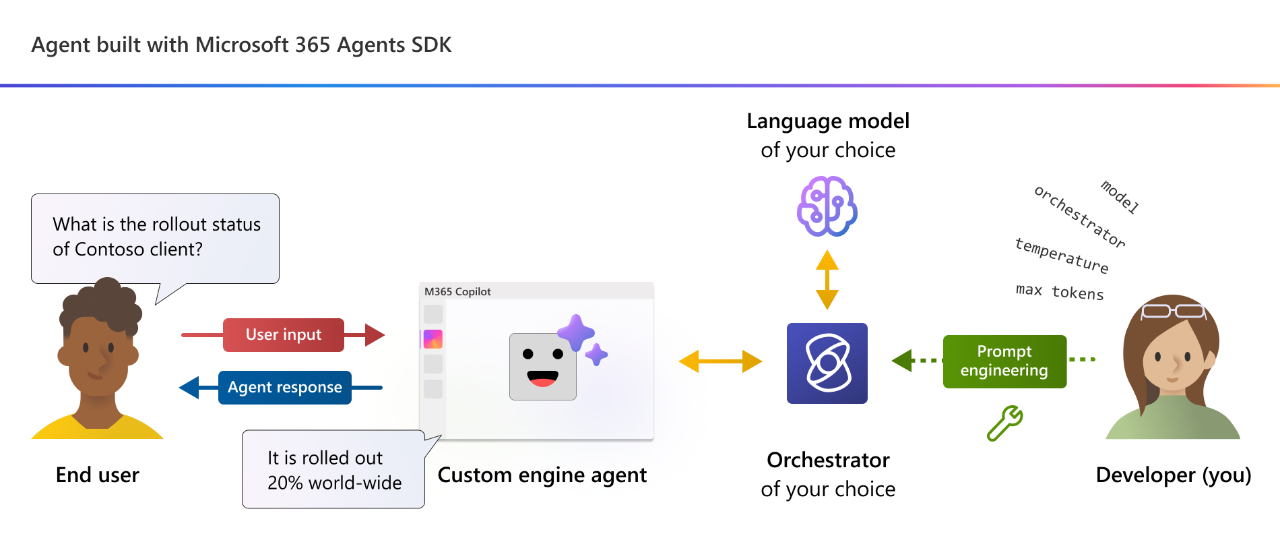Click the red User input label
pyautogui.click(x=284, y=335)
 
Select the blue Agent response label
pyautogui.click(x=285, y=388)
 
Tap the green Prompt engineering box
pyautogui.click(x=1004, y=361)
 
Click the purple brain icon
pyautogui.click(x=827, y=206)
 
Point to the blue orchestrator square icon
pyautogui.click(x=827, y=363)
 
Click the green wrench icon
pyautogui.click(x=1005, y=423)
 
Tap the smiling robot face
pyautogui.click(x=543, y=366)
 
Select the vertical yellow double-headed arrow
pyautogui.click(x=827, y=280)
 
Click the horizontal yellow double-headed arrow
pyautogui.click(x=720, y=361)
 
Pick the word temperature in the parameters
pyautogui.click(x=1062, y=256)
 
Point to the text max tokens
pyautogui.click(x=1060, y=291)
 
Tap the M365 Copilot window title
pyautogui.click(x=457, y=291)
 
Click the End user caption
pyautogui.click(x=98, y=475)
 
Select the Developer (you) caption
pyautogui.click(x=1174, y=475)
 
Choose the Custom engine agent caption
pyautogui.click(x=542, y=475)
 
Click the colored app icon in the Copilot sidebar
pyautogui.click(x=433, y=339)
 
